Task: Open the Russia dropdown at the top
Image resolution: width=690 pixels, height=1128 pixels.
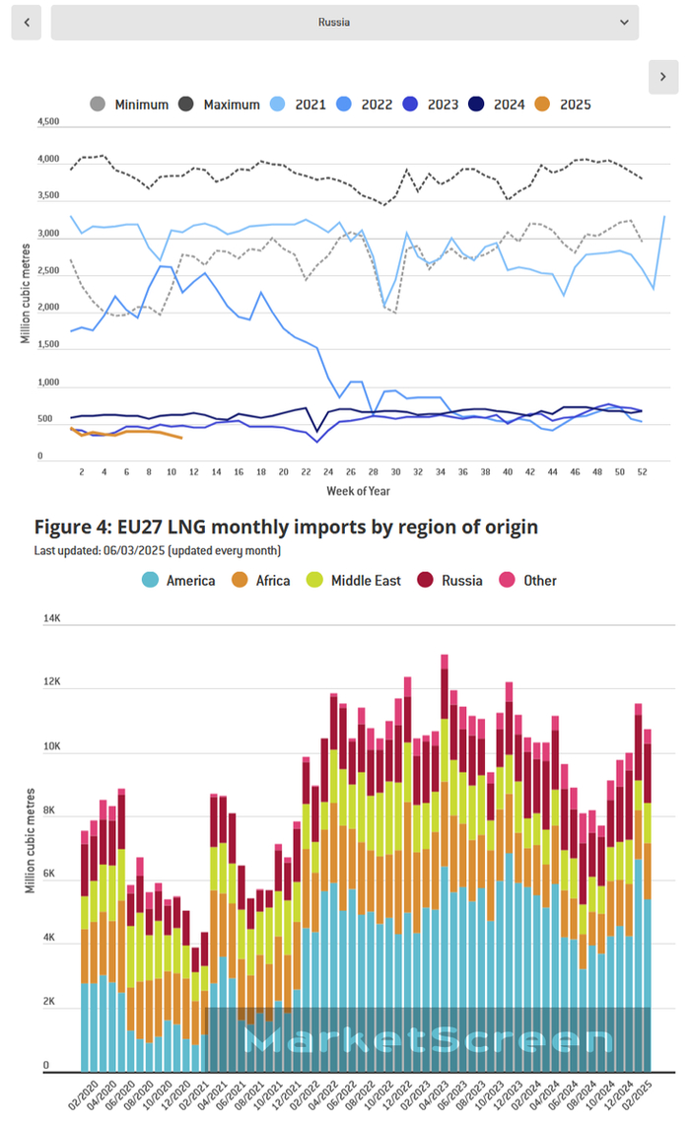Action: coord(344,22)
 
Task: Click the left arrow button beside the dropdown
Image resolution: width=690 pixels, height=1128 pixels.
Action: coord(26,22)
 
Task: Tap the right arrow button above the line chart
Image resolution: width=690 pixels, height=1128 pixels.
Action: coord(662,77)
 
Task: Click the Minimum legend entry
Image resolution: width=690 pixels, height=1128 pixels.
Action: coord(129,105)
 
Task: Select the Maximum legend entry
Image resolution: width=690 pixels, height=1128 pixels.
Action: coord(219,105)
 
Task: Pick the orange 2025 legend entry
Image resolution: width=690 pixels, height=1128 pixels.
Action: coord(563,105)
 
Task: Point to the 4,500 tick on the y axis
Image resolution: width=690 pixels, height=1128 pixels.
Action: coord(48,122)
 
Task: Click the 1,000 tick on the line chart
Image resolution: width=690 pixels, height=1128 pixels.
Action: coord(48,383)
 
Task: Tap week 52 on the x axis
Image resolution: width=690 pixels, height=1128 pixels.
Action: coord(643,472)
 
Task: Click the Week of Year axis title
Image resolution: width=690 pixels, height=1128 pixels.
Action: coord(359,490)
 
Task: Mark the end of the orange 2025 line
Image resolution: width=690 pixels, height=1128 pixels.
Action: coord(180,437)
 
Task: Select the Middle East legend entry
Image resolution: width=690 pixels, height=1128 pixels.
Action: coord(354,581)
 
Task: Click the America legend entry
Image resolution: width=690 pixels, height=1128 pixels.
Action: coord(177,581)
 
